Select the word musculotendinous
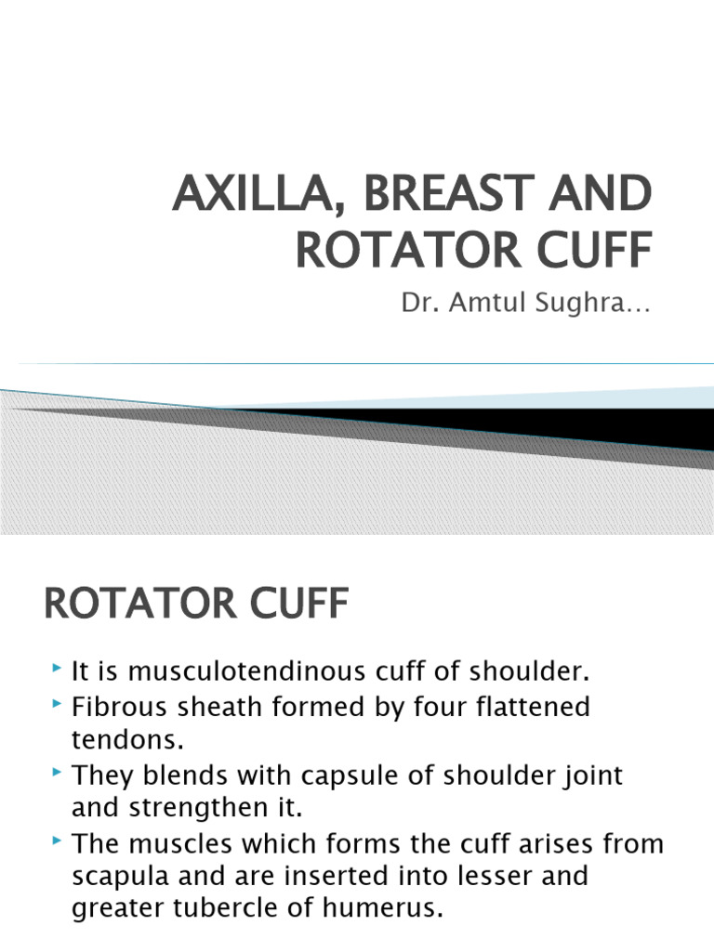[245, 671]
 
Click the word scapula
[118, 877]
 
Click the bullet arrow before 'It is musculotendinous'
[58, 669]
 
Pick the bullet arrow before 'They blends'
[58, 773]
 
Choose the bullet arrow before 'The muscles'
[58, 841]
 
